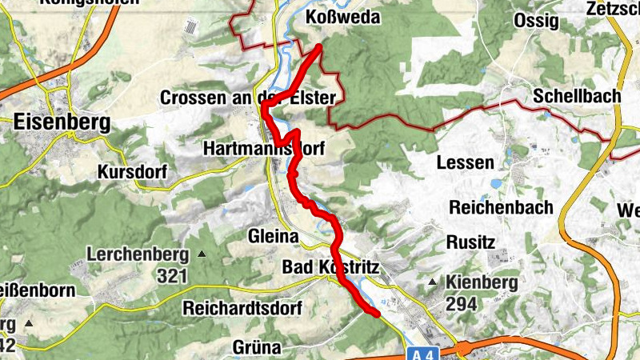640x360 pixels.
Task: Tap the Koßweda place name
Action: tap(343, 18)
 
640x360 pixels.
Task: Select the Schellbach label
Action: tap(578, 96)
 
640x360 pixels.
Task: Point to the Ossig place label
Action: tap(537, 21)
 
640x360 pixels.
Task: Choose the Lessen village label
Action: tap(465, 162)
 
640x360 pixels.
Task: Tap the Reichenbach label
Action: tap(502, 207)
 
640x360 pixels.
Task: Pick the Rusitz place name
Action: tap(472, 242)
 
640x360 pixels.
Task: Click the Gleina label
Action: tap(273, 237)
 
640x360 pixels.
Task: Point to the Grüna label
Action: tap(257, 347)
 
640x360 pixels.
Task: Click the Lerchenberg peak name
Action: tap(138, 256)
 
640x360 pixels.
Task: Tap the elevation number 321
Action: tap(172, 277)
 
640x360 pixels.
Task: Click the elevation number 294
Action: tap(462, 304)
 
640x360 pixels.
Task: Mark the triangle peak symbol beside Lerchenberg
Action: tap(201, 255)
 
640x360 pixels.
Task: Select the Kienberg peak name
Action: tap(482, 282)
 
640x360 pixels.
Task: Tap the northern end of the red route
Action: tap(319, 47)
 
